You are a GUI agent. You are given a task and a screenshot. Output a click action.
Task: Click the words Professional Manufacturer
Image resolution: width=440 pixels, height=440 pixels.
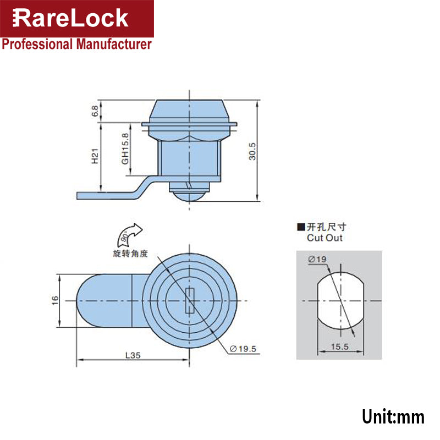(x=76, y=45)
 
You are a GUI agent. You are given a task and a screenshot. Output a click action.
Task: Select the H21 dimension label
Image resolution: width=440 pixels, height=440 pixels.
(x=96, y=158)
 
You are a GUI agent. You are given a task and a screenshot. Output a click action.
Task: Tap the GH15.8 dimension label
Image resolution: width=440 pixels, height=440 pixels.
(x=125, y=148)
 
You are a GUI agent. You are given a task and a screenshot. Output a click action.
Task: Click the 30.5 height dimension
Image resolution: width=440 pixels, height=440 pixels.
(x=252, y=150)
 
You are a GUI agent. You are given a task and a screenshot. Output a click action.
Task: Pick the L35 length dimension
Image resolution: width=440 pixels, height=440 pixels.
(x=133, y=355)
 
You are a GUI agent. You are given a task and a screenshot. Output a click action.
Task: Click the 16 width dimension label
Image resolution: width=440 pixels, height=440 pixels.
(x=55, y=301)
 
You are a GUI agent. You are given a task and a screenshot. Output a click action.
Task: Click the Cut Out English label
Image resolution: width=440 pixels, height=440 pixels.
(x=324, y=238)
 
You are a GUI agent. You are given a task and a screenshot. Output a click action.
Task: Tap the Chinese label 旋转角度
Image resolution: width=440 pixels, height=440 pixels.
(x=133, y=255)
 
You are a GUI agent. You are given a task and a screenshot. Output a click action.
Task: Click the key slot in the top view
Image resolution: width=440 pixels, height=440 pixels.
(x=190, y=301)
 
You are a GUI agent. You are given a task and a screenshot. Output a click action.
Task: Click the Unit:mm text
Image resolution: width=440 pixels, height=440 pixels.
(x=393, y=416)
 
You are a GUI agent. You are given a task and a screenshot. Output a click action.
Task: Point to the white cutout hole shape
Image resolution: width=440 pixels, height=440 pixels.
(x=339, y=301)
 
